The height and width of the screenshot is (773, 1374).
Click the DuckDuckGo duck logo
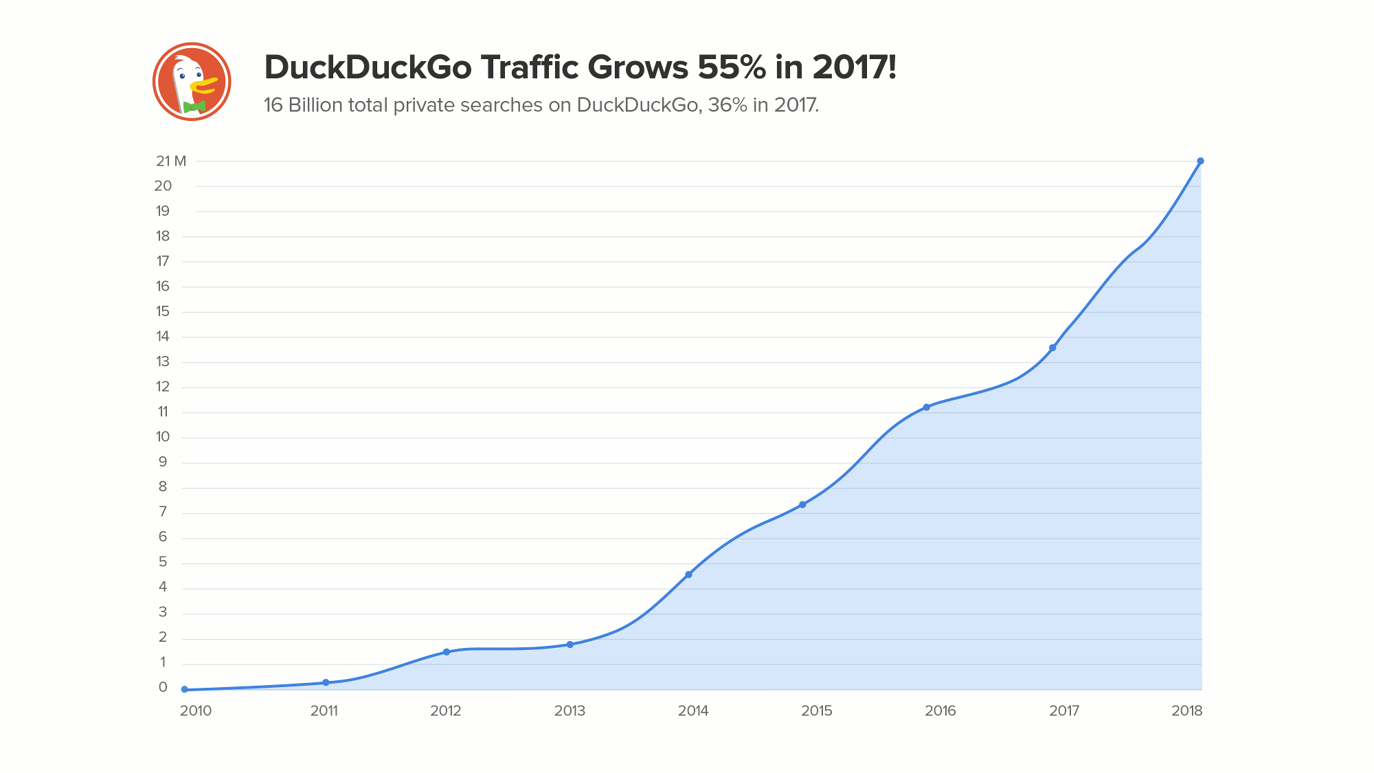[x=192, y=82]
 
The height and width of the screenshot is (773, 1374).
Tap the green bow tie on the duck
[x=194, y=107]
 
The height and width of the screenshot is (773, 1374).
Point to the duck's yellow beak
[x=204, y=85]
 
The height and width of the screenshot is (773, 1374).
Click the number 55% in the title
[x=732, y=67]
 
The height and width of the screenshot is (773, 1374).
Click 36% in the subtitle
[x=727, y=105]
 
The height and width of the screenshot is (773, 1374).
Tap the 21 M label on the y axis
[x=170, y=161]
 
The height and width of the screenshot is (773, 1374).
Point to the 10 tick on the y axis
[x=163, y=437]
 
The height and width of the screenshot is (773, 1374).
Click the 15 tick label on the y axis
[x=163, y=311]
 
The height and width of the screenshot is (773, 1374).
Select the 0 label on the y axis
[x=163, y=687]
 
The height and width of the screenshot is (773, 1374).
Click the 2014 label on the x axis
[x=693, y=711]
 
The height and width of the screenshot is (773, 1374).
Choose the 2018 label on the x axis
[x=1187, y=711]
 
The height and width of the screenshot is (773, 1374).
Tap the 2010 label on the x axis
[x=196, y=711]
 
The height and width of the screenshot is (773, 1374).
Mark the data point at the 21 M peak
[x=1200, y=161]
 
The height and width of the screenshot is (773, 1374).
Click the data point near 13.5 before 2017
[x=1052, y=348]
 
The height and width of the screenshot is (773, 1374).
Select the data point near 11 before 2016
[x=926, y=407]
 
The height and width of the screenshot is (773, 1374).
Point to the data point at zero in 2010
[x=184, y=689]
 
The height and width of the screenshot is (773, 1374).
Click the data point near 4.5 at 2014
[x=688, y=574]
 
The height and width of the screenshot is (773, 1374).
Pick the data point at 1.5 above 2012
[x=446, y=652]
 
